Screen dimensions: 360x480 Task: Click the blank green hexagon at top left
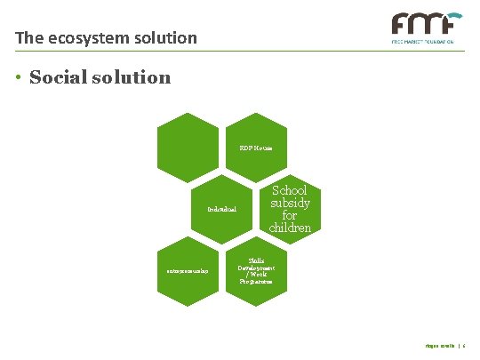[x=188, y=147]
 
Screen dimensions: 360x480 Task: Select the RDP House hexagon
[x=256, y=147]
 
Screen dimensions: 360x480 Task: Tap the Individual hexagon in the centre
[x=221, y=209]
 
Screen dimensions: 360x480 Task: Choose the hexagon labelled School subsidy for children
[x=290, y=209]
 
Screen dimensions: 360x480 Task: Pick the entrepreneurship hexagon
[x=188, y=270]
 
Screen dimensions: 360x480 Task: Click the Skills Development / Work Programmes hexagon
[x=256, y=270]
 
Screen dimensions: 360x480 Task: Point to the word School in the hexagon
[x=290, y=190]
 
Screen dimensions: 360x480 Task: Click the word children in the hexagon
[x=290, y=228]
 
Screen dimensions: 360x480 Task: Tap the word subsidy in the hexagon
[x=290, y=203]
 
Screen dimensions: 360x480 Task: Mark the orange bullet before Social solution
[x=19, y=78]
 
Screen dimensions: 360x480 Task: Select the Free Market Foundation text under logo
[x=425, y=41]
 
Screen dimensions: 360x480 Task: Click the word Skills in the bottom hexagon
[x=256, y=260]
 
